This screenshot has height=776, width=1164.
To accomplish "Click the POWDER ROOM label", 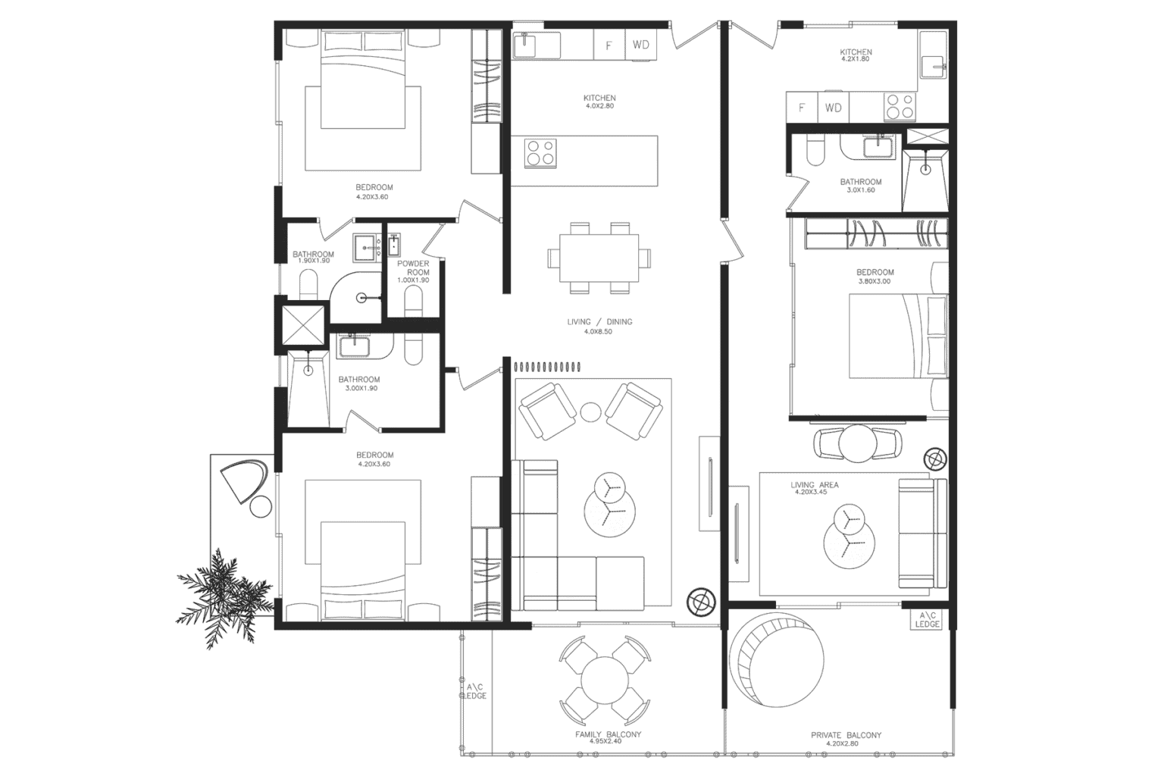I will coord(413,268).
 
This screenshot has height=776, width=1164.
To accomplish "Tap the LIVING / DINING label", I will coord(599,322).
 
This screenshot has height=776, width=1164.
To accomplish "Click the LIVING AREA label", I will coord(814,485).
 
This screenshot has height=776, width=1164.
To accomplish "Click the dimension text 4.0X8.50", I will coord(598,332).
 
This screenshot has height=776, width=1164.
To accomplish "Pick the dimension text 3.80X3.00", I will coord(875,282).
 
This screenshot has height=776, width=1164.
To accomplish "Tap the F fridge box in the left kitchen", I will coord(608,45).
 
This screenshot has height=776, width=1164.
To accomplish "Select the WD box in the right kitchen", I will coord(833,108).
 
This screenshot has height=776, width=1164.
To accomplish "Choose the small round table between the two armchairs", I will coord(590,411).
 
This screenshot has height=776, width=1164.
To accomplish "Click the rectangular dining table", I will coord(599,258).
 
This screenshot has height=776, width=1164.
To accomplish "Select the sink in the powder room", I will coord(394,246).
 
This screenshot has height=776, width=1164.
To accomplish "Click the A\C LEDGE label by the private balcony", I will coord(926,620).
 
